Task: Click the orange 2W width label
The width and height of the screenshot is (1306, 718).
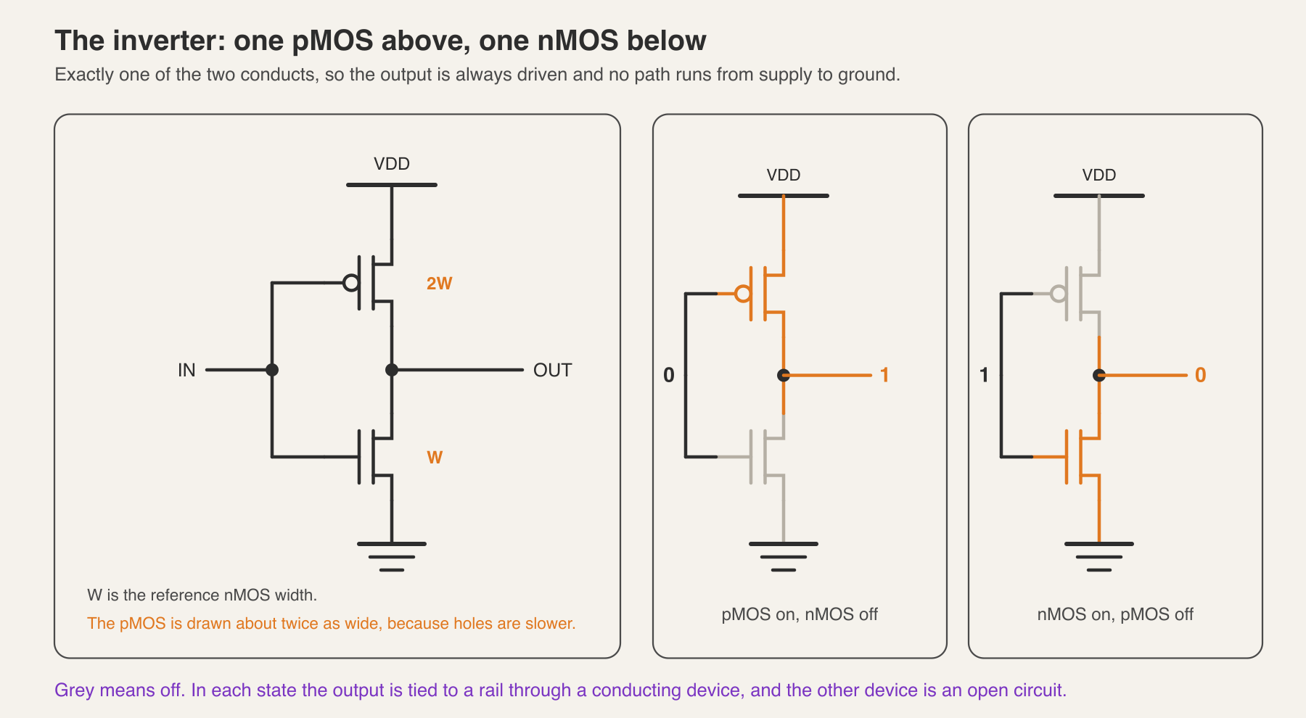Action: (439, 284)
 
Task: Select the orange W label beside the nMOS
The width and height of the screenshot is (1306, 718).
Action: (435, 458)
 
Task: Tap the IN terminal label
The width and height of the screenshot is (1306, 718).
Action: (186, 371)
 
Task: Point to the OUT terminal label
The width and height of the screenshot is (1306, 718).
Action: (552, 371)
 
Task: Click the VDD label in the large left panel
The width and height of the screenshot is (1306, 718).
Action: (392, 164)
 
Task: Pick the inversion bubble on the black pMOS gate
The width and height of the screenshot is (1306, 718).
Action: (351, 283)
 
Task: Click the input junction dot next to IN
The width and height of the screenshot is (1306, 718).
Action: (272, 370)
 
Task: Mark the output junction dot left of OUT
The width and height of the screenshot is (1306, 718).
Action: (392, 370)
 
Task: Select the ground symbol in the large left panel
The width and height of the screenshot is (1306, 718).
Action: (392, 556)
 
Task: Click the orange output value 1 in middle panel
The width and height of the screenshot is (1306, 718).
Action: (884, 375)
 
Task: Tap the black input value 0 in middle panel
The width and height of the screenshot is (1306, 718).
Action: (669, 375)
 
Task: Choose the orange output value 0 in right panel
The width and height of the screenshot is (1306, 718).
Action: (1201, 375)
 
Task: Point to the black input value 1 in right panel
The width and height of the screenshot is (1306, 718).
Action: (984, 375)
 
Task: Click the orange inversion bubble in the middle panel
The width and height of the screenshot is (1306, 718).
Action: (743, 294)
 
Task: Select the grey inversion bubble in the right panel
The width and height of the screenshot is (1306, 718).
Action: (1059, 294)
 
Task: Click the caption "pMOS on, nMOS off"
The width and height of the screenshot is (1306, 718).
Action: (800, 615)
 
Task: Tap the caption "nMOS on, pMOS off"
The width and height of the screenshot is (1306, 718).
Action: (1115, 615)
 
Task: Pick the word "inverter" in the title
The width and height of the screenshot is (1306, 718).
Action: (166, 41)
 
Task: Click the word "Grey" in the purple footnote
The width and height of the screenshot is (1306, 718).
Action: (74, 690)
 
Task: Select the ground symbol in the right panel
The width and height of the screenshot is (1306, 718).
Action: (1099, 556)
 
